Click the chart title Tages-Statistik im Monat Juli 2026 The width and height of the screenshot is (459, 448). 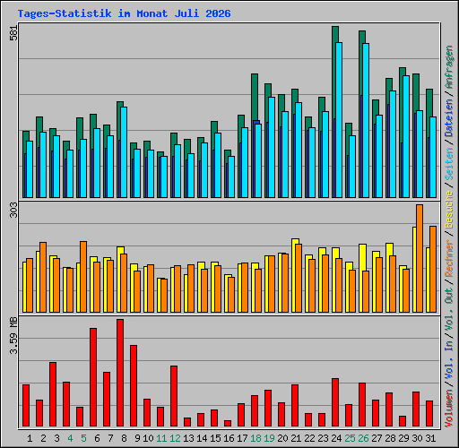coord(124,13)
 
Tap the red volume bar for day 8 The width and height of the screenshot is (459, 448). coord(120,373)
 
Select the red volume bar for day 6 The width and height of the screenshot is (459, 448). coord(93,377)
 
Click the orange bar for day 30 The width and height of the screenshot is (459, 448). coord(420,258)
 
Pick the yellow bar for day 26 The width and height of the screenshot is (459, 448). coord(361,278)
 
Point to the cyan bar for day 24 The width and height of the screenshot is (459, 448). coord(339,120)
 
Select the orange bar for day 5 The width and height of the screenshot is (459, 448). coord(83,277)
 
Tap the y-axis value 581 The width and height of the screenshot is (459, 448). coord(13,32)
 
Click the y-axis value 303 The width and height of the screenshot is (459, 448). coord(13,210)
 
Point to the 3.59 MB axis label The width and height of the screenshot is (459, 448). coord(13,335)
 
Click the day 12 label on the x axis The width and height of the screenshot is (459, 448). coord(175,438)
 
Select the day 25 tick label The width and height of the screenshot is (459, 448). coord(350,438)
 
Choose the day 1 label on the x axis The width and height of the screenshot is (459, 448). coord(30,438)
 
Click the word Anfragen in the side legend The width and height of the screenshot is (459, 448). coord(449,66)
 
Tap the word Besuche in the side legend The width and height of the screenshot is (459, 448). coord(449,210)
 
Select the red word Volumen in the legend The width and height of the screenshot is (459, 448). coord(449,408)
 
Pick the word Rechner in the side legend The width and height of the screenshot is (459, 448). coord(449,258)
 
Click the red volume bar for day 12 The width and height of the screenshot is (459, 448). coord(174,396)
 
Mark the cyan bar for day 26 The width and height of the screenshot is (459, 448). coord(366,120)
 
